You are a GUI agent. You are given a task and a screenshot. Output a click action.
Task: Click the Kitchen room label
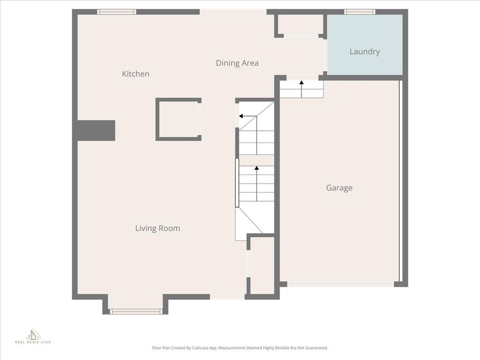click(135, 74)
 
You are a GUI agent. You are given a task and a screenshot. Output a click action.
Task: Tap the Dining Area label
click(237, 63)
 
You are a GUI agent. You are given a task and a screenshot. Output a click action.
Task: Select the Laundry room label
click(364, 52)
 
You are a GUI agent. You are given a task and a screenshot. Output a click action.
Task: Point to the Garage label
click(339, 188)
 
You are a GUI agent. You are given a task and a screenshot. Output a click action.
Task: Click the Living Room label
click(157, 228)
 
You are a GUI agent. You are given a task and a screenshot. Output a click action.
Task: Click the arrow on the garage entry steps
click(301, 83)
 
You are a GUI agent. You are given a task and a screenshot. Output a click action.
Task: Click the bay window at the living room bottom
click(136, 311)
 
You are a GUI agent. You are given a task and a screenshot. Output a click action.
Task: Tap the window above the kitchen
click(117, 12)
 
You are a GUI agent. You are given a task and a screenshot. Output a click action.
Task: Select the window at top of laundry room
click(360, 12)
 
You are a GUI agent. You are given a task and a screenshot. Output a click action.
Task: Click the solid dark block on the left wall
click(95, 130)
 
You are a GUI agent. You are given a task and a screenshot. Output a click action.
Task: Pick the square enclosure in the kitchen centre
click(178, 119)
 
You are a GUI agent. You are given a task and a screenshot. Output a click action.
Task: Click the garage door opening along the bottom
click(340, 284)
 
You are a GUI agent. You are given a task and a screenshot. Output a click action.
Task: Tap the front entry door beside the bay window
click(227, 296)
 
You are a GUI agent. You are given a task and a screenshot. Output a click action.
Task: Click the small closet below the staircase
click(262, 265)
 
